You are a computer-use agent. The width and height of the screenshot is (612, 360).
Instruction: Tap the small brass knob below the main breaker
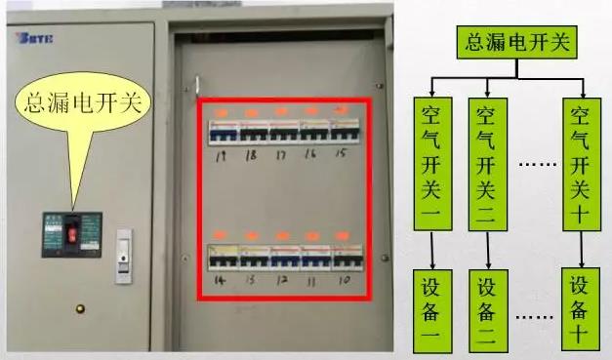[x=80, y=309]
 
